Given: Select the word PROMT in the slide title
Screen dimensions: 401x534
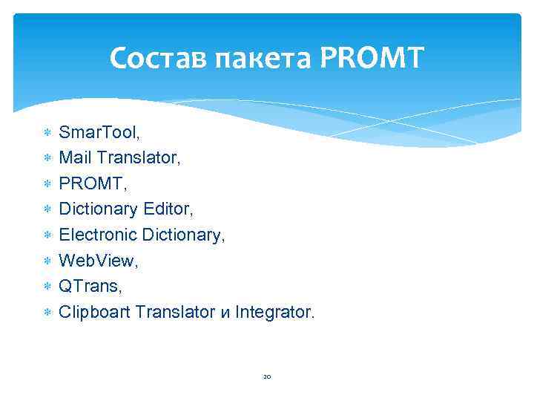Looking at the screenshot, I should pyautogui.click(x=373, y=57).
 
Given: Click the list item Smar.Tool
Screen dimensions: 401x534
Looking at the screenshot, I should pyautogui.click(x=99, y=133).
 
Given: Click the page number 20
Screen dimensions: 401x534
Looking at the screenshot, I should pyautogui.click(x=267, y=376).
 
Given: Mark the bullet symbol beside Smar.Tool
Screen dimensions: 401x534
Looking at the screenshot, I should pyautogui.click(x=47, y=134).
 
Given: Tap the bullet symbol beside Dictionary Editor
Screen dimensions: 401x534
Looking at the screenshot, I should pyautogui.click(x=47, y=210).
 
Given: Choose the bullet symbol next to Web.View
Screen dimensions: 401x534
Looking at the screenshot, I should pyautogui.click(x=47, y=261).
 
